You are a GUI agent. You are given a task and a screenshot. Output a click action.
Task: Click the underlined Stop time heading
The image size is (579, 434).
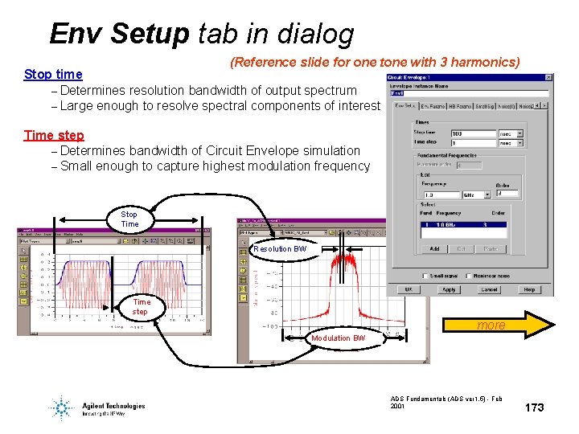click(53, 75)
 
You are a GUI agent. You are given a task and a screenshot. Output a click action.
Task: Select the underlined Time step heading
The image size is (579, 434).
click(54, 135)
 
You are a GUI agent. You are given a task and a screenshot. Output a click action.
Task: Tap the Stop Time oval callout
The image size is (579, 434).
click(129, 219)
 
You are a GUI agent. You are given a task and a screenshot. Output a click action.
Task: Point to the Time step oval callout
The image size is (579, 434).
click(140, 307)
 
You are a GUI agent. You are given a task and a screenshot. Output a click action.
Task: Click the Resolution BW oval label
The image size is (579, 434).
click(280, 249)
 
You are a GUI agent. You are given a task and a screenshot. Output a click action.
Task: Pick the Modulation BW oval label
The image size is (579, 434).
click(338, 338)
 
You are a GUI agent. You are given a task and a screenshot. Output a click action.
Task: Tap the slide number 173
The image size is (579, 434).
click(534, 407)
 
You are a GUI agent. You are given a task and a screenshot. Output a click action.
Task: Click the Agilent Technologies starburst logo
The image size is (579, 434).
click(61, 407)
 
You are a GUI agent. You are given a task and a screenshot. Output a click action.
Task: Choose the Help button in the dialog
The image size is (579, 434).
click(530, 289)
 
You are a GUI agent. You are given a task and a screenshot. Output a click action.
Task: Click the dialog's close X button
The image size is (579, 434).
click(549, 77)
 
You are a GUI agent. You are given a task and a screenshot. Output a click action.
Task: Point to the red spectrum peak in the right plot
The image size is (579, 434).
click(348, 261)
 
